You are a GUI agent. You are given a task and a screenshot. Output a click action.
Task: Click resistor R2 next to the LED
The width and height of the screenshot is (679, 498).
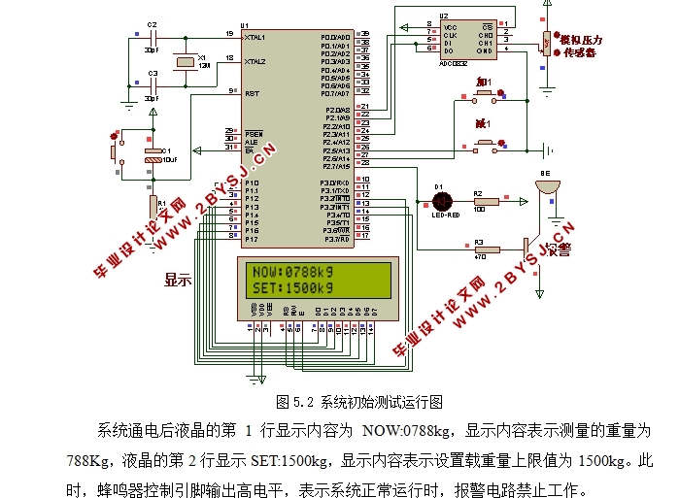click(x=478, y=202)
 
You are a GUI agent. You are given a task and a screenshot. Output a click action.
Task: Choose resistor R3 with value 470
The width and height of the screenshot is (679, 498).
click(x=478, y=250)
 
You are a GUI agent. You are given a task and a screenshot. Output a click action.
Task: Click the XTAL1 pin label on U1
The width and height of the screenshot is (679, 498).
click(x=256, y=36)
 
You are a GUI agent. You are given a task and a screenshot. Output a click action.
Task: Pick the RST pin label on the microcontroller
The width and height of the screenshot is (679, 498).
click(x=252, y=93)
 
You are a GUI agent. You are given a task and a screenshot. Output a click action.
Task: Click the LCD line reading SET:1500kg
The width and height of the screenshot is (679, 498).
click(x=291, y=288)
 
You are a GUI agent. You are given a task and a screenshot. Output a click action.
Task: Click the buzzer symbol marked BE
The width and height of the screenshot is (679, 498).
click(x=548, y=184)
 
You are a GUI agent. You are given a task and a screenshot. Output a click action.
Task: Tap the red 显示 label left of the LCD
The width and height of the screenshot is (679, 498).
click(x=178, y=280)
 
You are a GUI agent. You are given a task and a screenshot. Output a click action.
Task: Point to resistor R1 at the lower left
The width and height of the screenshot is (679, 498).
click(x=153, y=207)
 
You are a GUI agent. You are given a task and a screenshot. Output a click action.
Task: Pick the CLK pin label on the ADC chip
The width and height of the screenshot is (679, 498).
click(x=450, y=35)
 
